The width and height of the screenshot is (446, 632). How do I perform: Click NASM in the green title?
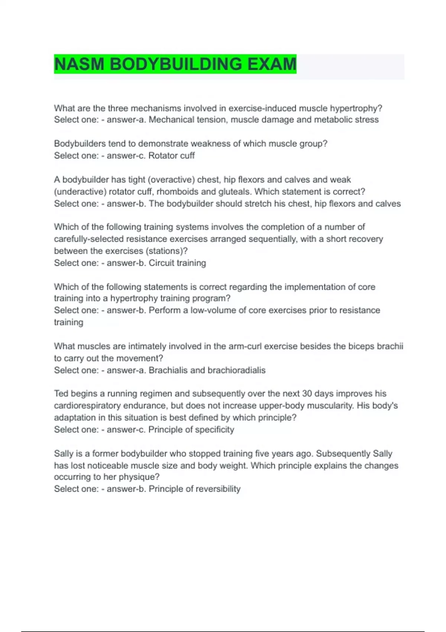click(79, 64)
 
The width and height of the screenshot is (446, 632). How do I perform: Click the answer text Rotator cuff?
click(171, 155)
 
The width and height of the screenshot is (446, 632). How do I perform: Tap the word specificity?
click(214, 429)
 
